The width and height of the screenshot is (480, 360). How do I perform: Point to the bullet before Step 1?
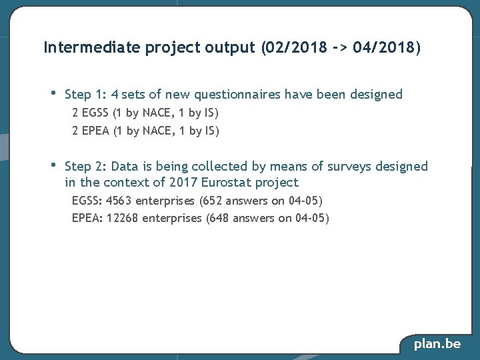[53, 93]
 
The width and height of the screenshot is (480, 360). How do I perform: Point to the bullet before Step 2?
[53, 165]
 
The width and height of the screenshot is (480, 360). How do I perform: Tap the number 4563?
[119, 201]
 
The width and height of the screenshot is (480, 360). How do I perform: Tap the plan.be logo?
[437, 344]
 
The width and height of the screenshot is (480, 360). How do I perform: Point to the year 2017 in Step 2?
[183, 183]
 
